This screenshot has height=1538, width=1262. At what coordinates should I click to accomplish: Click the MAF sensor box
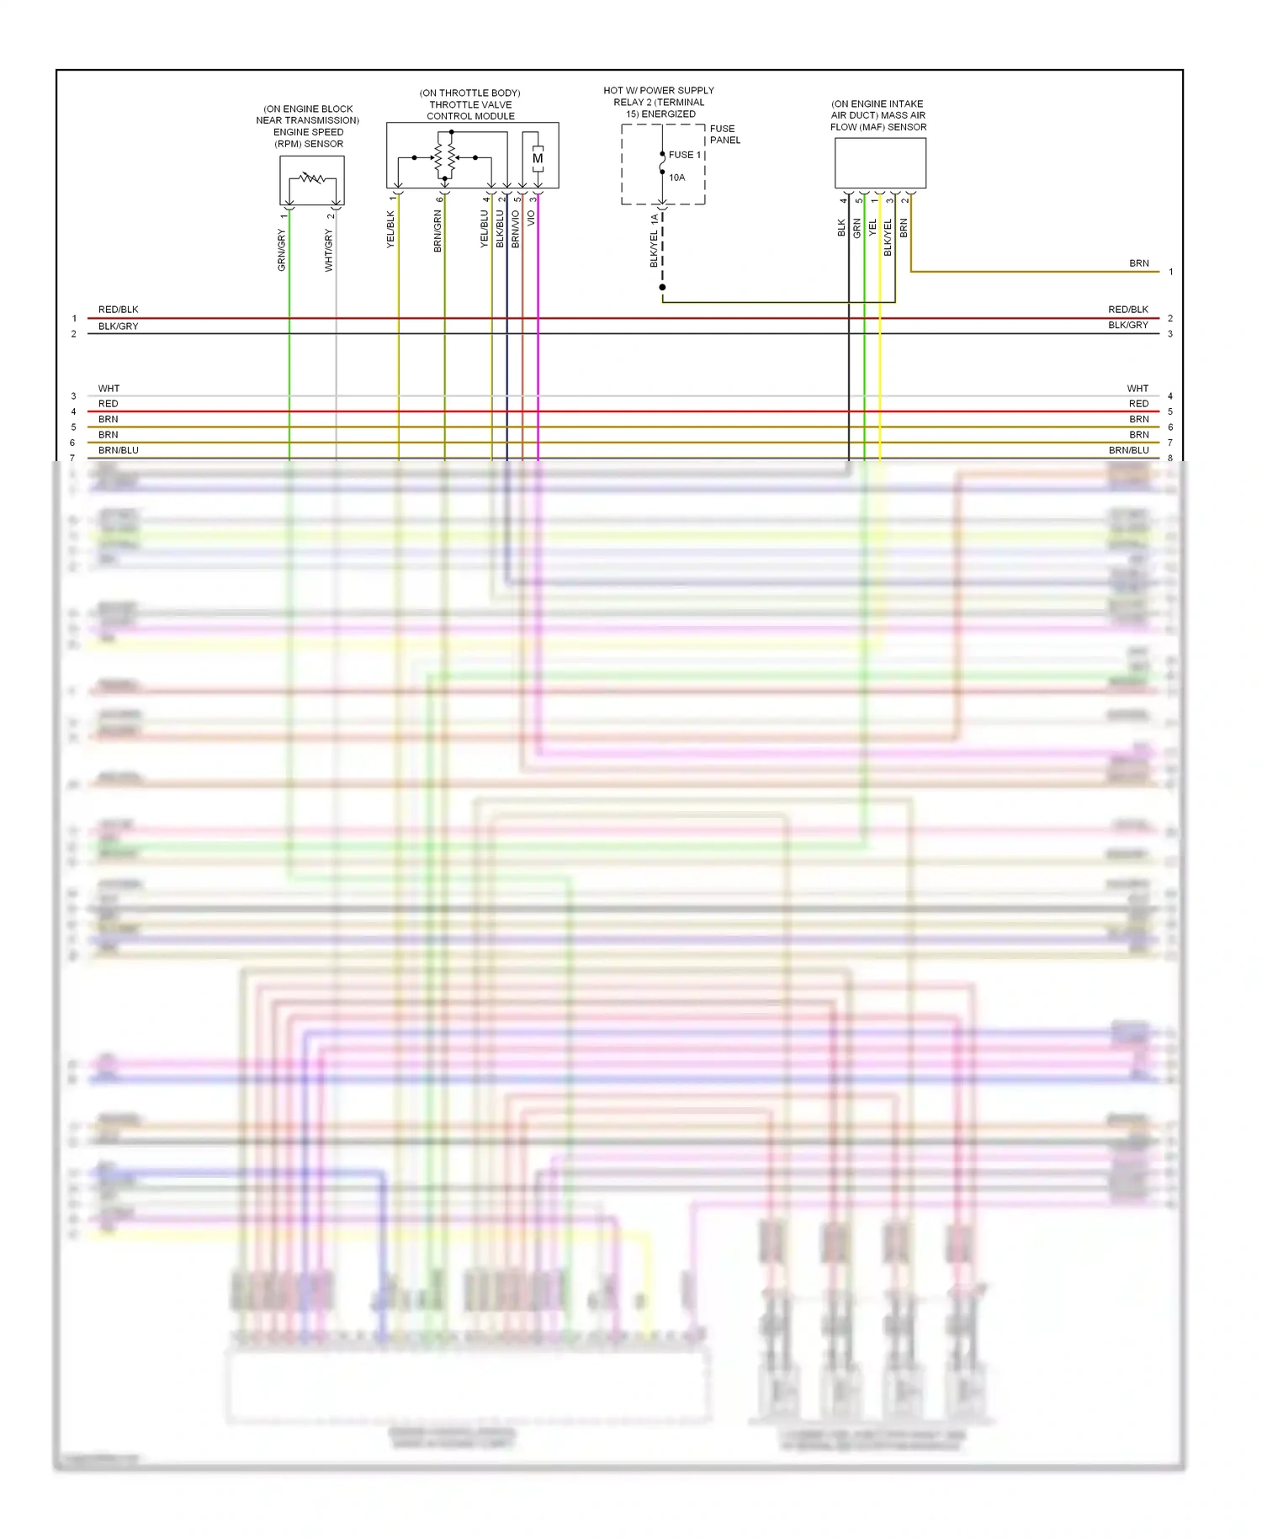pos(880,163)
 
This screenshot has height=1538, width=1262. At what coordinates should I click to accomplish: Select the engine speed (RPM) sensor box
pos(311,180)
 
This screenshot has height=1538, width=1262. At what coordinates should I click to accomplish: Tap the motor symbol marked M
pos(538,158)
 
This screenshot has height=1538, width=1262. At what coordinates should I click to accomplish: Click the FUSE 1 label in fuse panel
pos(685,155)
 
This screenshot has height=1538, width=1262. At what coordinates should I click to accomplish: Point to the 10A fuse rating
pos(677,178)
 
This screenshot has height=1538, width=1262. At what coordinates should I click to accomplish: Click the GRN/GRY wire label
pos(282,250)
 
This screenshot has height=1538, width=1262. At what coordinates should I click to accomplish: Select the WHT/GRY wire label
pos(329,251)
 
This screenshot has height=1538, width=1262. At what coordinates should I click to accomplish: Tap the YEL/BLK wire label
pos(390,229)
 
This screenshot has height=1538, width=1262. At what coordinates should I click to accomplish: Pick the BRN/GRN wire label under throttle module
pos(437,231)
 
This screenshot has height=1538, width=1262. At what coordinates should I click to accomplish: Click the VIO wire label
pos(531,218)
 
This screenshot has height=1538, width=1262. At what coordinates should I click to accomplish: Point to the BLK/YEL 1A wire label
pos(654,241)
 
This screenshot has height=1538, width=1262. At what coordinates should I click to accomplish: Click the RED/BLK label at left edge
pos(118,310)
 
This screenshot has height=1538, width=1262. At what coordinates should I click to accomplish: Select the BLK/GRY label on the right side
pos(1127,325)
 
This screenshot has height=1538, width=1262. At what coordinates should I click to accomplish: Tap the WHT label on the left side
pos(109,389)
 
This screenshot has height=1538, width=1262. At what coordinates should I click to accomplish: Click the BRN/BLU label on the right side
pos(1128,450)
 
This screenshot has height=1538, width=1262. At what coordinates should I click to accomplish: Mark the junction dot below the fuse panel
pos(662,288)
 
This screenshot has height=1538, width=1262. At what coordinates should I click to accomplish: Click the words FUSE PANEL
pos(724,135)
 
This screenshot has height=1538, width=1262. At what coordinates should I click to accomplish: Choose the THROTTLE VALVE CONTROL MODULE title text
pos(470,110)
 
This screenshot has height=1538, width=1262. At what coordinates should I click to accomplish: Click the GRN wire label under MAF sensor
pos(857,228)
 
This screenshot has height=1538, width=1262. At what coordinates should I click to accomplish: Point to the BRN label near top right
pos(1138,263)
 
